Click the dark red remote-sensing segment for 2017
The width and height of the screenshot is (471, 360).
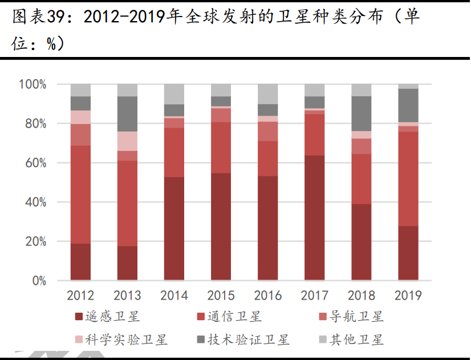[x=314, y=218]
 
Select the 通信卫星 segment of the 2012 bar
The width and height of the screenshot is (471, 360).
[x=80, y=195]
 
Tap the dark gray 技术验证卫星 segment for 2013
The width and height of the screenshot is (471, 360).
[x=127, y=114]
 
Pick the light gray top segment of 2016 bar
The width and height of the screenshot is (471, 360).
[x=267, y=94]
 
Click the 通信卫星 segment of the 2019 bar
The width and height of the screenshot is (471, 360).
[x=408, y=179]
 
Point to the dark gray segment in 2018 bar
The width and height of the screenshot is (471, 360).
[x=361, y=113]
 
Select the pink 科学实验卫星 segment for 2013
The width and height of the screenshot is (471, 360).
[x=127, y=141]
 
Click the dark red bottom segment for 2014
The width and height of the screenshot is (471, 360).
[x=174, y=228]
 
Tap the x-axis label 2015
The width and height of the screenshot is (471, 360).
[x=221, y=295]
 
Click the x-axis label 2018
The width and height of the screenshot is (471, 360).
[x=361, y=295]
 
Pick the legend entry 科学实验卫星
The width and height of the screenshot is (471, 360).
[x=126, y=340]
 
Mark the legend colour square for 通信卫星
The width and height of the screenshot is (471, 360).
[x=200, y=317]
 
